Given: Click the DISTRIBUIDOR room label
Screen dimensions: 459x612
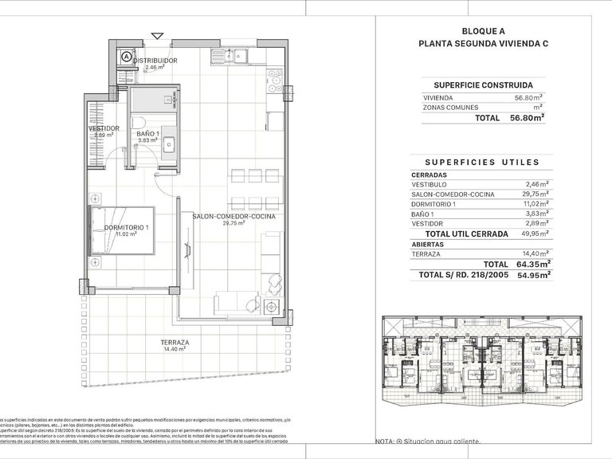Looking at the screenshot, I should click(155, 61).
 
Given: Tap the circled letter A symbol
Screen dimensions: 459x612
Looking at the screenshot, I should click(127, 57).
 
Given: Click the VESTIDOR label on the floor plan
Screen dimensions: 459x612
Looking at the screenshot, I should click(104, 128).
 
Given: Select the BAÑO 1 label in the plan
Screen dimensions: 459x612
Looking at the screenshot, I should click(148, 133).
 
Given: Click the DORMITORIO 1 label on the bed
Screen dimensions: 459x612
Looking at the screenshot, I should click(127, 229).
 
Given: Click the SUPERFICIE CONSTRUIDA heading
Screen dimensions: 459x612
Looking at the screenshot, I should click(483, 84).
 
